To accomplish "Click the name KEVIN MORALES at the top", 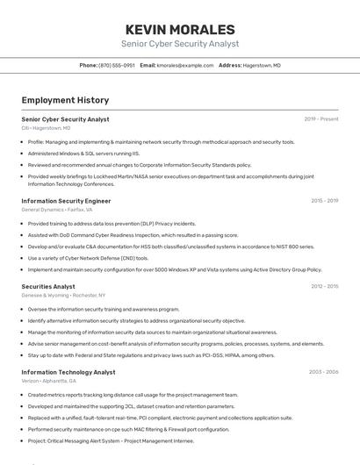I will click(180, 29).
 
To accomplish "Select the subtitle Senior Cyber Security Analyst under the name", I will click(180, 44).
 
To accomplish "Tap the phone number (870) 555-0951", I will click(117, 66).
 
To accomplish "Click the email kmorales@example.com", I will click(185, 66).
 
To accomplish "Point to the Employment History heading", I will click(65, 100).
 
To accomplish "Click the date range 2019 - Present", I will click(321, 118).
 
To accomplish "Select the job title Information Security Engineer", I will click(66, 201).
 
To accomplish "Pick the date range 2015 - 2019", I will click(324, 201).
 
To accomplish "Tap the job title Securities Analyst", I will click(48, 286).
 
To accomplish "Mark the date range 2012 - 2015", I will click(324, 286).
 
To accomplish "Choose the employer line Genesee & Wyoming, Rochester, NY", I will click(63, 296).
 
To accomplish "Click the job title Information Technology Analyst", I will click(68, 372).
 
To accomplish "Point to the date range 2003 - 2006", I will click(323, 372).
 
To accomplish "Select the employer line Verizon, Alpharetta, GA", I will click(49, 381).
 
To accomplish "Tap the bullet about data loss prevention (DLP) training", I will click(112, 224).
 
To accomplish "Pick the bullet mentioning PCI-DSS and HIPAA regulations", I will click(151, 355).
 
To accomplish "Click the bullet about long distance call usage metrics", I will click(133, 395).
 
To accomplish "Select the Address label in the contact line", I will click(229, 66).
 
